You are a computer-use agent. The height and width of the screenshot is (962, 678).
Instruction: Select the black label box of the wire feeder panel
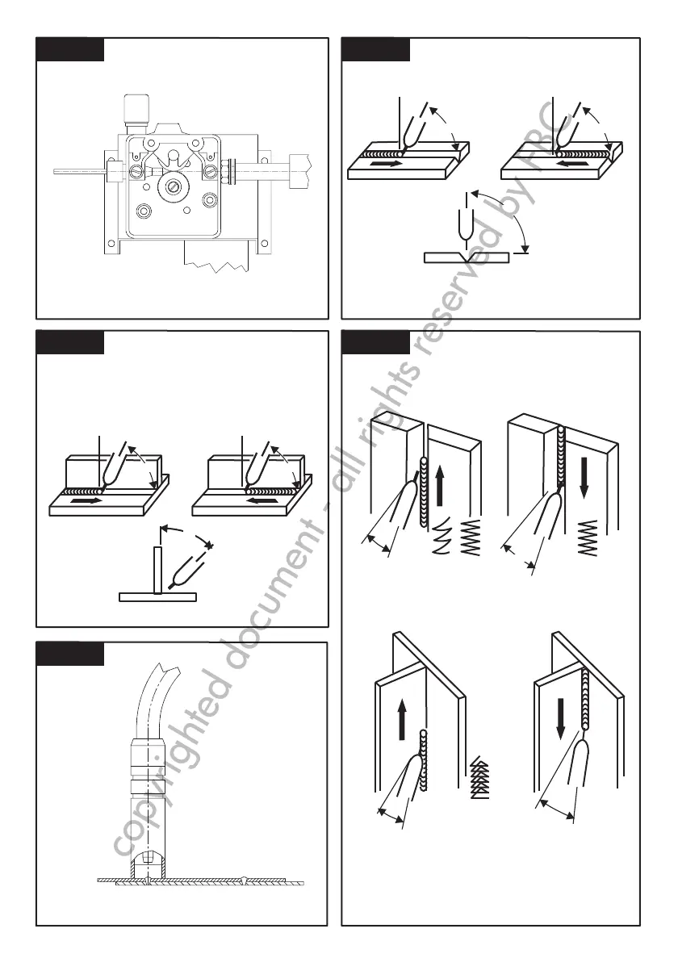coord(70,48)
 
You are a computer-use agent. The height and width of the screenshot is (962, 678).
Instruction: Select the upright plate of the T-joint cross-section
coord(158,570)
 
